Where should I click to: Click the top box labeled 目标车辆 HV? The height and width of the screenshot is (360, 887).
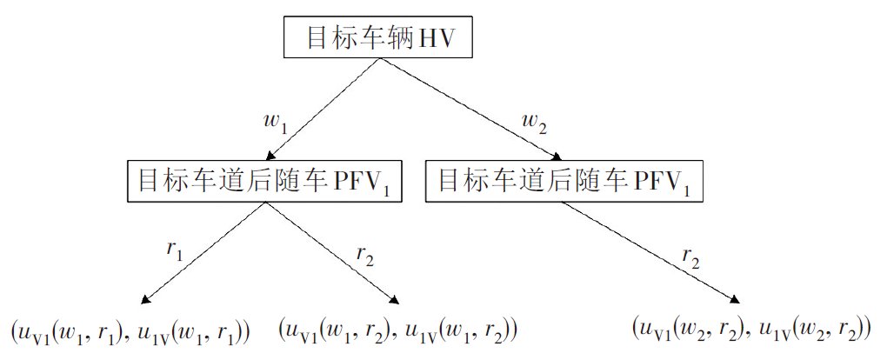click(x=378, y=38)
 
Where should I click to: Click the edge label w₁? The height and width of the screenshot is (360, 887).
click(x=275, y=122)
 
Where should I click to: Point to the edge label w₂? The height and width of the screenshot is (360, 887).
click(x=535, y=122)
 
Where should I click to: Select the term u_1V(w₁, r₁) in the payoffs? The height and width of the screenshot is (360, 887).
click(x=193, y=331)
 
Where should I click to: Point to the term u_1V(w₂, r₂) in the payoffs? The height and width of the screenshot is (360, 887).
click(x=814, y=329)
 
